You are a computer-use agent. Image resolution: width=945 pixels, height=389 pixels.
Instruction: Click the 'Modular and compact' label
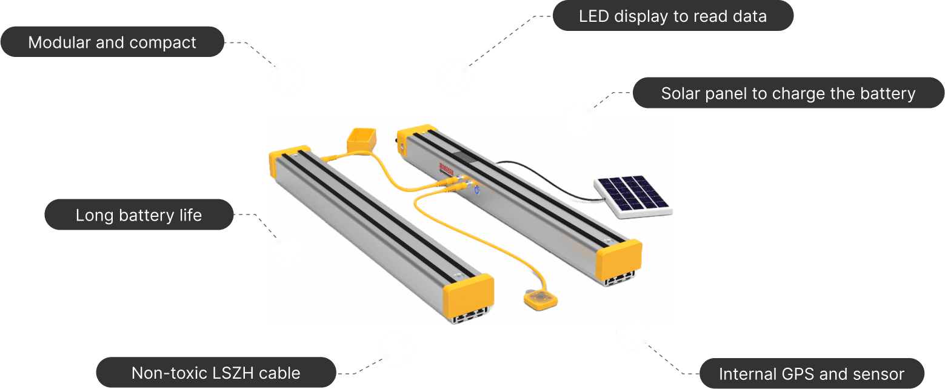click(112, 42)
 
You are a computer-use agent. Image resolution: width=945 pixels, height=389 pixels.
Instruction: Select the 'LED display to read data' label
click(672, 16)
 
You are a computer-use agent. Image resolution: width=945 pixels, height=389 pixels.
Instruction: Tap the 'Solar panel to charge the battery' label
click(788, 93)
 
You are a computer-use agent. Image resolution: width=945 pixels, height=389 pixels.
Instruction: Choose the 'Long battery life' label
click(139, 215)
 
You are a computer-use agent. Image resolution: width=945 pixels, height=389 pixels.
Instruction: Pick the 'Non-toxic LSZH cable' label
click(216, 373)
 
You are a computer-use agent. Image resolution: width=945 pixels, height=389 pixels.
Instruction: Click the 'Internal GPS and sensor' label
click(811, 374)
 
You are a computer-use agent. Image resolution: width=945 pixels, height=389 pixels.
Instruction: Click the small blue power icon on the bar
click(477, 190)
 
